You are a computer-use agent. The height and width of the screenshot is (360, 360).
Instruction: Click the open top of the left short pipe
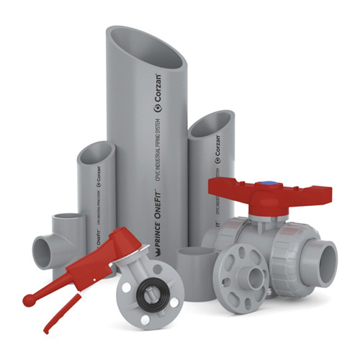click(x=96, y=155)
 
